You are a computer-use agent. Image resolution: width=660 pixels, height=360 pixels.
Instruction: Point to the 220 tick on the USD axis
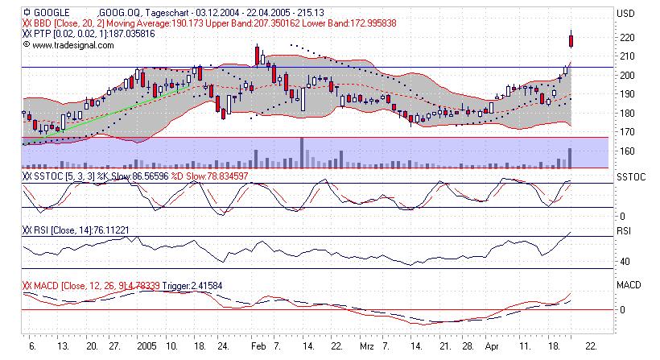pyautogui.click(x=625, y=37)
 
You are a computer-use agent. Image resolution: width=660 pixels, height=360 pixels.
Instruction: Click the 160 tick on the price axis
pyautogui.click(x=625, y=151)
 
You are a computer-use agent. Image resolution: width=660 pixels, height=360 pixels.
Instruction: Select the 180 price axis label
pyautogui.click(x=625, y=113)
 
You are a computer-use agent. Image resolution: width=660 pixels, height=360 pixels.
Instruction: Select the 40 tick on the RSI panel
pyautogui.click(x=623, y=261)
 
